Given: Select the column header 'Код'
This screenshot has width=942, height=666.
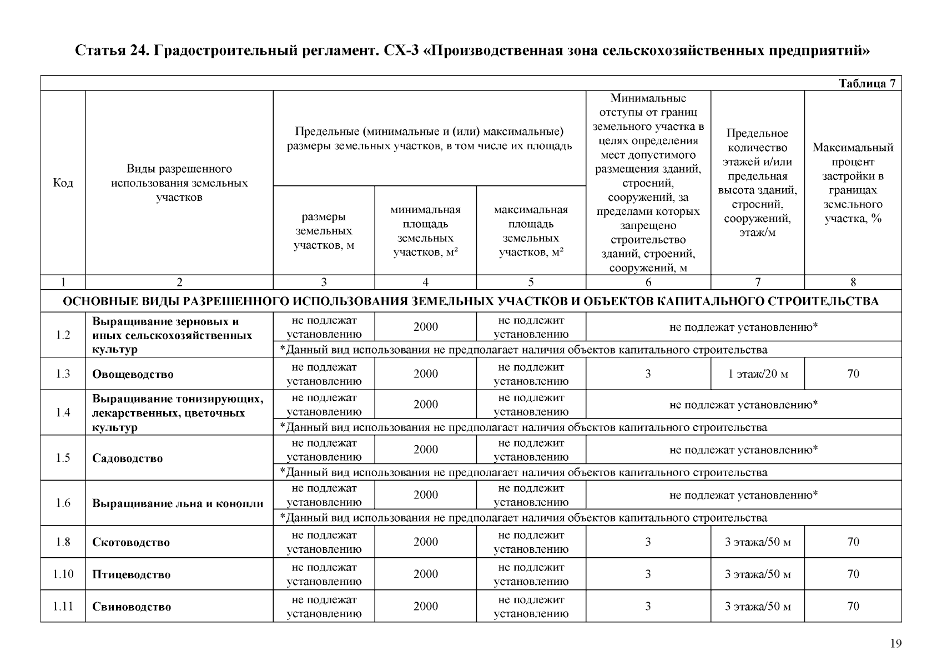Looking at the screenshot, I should point(63,183).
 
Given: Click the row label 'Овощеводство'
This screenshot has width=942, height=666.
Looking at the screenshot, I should point(133,374).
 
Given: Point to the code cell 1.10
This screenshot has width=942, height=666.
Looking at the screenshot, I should point(63,574).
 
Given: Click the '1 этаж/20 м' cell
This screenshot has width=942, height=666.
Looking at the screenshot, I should point(757,374).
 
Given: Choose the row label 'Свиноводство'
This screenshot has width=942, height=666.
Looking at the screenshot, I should point(132,607).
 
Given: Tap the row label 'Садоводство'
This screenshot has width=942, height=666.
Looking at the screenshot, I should point(127,458).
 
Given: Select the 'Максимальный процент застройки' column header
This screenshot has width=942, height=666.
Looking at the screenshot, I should point(853,183).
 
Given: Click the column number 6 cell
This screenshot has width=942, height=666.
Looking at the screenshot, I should point(648,282).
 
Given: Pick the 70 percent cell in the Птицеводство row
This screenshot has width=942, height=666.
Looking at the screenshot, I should point(853,574).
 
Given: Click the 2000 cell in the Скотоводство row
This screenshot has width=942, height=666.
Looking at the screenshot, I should point(425,542).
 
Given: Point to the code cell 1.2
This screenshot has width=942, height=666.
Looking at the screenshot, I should point(63,335).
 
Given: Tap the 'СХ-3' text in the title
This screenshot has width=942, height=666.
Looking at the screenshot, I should point(402,51).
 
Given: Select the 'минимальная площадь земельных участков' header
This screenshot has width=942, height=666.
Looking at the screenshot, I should point(425,231).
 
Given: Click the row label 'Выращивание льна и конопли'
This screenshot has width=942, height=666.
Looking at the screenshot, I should point(178,504).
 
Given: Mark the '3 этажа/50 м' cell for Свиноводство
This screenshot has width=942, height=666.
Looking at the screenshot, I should point(757,607).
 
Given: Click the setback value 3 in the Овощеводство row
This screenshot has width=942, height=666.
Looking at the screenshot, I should point(648,374).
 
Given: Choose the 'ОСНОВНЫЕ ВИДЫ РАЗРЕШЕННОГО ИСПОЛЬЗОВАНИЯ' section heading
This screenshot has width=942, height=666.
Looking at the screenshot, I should point(471,301).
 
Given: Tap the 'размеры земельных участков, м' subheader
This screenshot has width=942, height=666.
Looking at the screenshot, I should point(324,231).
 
